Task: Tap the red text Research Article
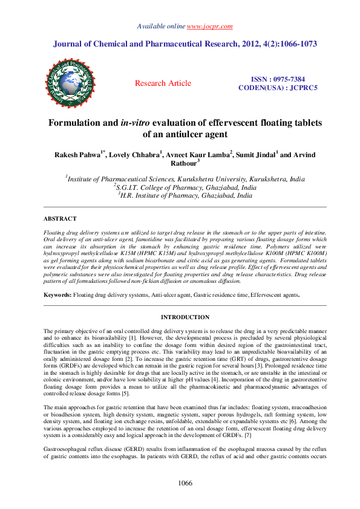click(163, 83)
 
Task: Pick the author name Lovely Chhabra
click(133, 155)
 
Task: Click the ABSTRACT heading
click(60, 219)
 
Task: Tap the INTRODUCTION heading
click(185, 317)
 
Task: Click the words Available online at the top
click(162, 27)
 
